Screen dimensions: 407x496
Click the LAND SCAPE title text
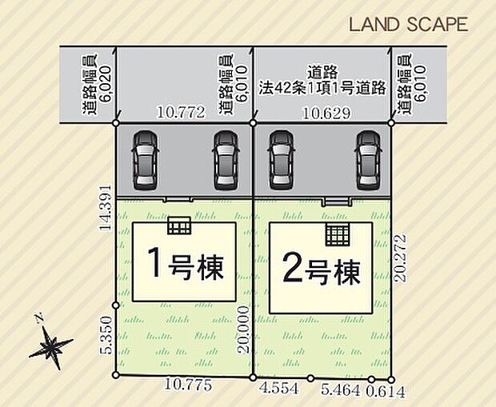[408, 24]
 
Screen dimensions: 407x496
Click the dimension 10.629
[326, 114]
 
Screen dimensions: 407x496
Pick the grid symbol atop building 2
[338, 236]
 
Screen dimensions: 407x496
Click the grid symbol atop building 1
[180, 225]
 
